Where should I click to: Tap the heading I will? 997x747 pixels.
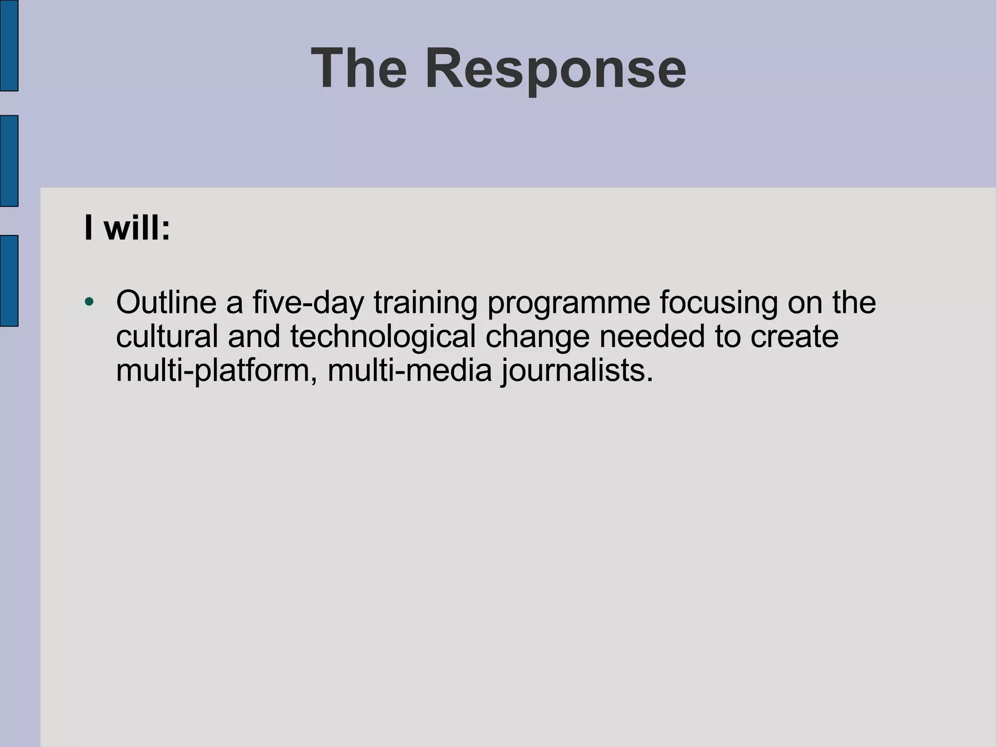click(127, 227)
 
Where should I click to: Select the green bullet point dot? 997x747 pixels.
click(89, 302)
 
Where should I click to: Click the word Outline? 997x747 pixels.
click(166, 302)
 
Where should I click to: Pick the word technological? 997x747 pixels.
click(383, 337)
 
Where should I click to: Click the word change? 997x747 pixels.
click(537, 337)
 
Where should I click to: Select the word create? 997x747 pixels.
click(794, 336)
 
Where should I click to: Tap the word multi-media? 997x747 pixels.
click(410, 370)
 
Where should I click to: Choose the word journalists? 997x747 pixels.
click(577, 371)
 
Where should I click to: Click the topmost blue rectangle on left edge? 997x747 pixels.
click(9, 45)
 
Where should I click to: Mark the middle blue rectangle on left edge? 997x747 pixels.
click(9, 161)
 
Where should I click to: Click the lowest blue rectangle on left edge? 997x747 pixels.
click(9, 280)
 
